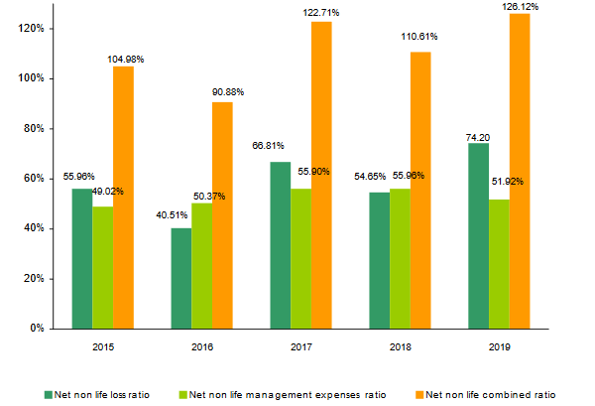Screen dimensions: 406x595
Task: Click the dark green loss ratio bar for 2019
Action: pyautogui.click(x=478, y=235)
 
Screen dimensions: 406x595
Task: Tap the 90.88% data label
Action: pyautogui.click(x=228, y=92)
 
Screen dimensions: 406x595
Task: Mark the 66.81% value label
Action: pyautogui.click(x=273, y=144)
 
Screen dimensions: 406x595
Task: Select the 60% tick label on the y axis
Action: pyautogui.click(x=34, y=179)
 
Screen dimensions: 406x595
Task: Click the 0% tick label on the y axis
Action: pyautogui.click(x=37, y=329)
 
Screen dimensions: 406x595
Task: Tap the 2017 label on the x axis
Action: pyautogui.click(x=300, y=347)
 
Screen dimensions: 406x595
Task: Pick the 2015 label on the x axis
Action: pyautogui.click(x=102, y=347)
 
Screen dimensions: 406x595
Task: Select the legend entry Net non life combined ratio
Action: pyautogui.click(x=481, y=394)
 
